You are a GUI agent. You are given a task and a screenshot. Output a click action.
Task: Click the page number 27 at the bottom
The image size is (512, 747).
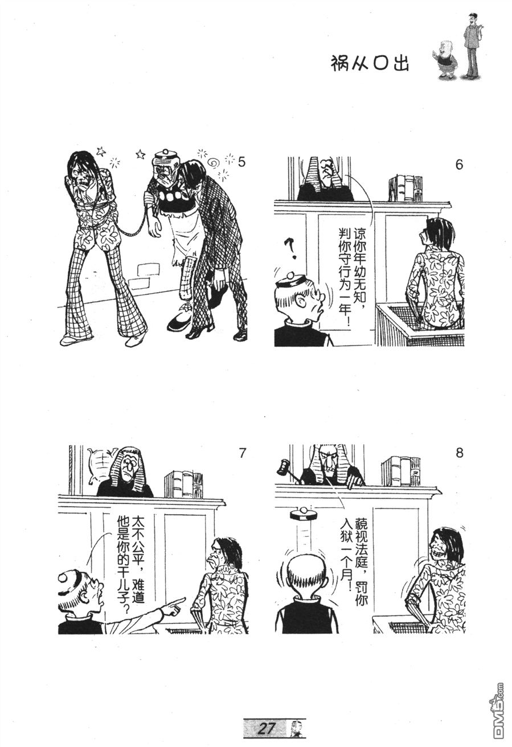(x=267, y=728)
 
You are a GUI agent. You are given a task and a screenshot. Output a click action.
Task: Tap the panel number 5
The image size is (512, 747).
(x=241, y=163)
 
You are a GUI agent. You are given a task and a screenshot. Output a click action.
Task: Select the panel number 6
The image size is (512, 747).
(x=459, y=165)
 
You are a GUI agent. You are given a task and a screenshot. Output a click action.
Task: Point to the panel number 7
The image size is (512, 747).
(x=242, y=453)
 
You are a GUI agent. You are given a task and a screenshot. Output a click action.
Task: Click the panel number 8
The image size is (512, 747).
(x=459, y=454)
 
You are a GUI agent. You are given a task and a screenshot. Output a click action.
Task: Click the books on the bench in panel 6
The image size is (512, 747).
(x=405, y=188)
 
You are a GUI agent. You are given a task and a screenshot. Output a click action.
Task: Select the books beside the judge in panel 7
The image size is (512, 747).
(x=183, y=484)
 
